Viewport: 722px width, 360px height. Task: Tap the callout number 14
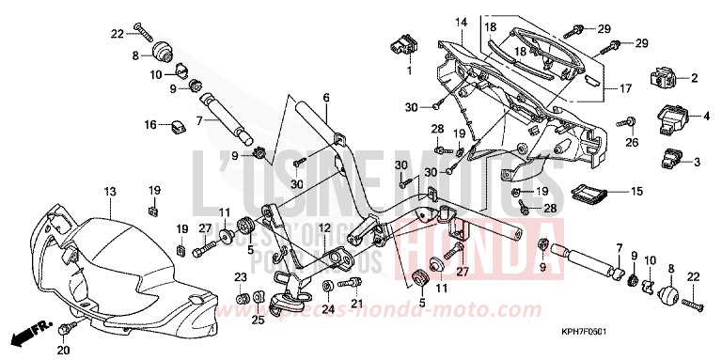click(x=462, y=22)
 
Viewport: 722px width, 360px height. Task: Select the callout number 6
click(x=326, y=98)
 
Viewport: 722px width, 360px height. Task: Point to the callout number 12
click(x=322, y=228)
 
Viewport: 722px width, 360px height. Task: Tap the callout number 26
click(x=632, y=143)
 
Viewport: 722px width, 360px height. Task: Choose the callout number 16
click(x=150, y=124)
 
